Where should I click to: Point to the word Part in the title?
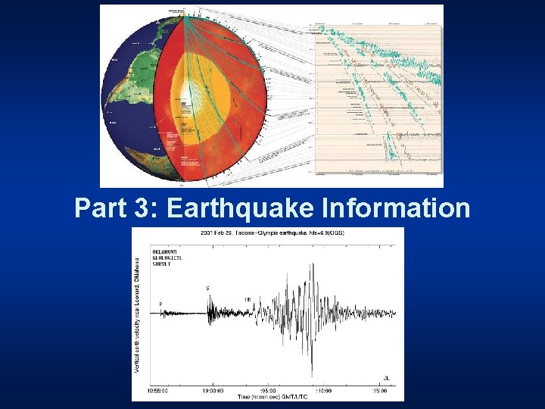tap(102, 208)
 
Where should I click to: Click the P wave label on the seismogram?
tap(160, 304)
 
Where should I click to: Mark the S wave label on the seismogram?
tap(207, 289)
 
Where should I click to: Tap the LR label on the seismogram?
tap(248, 300)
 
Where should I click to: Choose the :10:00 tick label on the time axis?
tap(324, 391)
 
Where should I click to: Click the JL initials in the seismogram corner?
tap(386, 378)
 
